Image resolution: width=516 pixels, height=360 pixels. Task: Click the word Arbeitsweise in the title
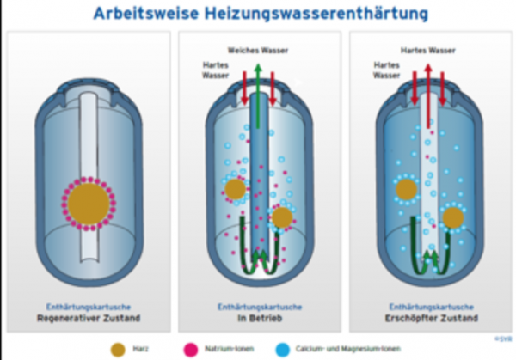pyautogui.click(x=143, y=14)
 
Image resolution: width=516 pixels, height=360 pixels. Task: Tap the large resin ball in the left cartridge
pyautogui.click(x=89, y=204)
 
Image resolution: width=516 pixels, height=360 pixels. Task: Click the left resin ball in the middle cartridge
pyautogui.click(x=234, y=189)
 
